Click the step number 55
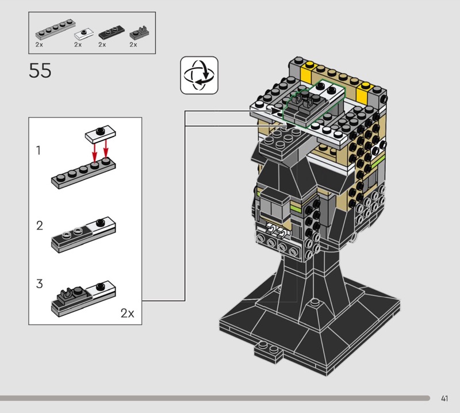(x=40, y=70)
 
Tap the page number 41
(x=444, y=398)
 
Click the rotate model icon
(x=199, y=75)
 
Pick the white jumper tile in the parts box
(x=84, y=34)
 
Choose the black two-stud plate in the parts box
(x=111, y=32)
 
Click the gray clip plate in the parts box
(x=139, y=33)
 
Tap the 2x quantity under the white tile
(x=78, y=45)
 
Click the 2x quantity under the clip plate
(x=133, y=45)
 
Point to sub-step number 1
(x=38, y=150)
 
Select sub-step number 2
(x=39, y=225)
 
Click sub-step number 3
(x=39, y=284)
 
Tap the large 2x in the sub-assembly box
(x=127, y=313)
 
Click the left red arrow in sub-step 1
(x=94, y=152)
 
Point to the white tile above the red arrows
(x=100, y=134)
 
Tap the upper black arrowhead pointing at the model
(x=276, y=111)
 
